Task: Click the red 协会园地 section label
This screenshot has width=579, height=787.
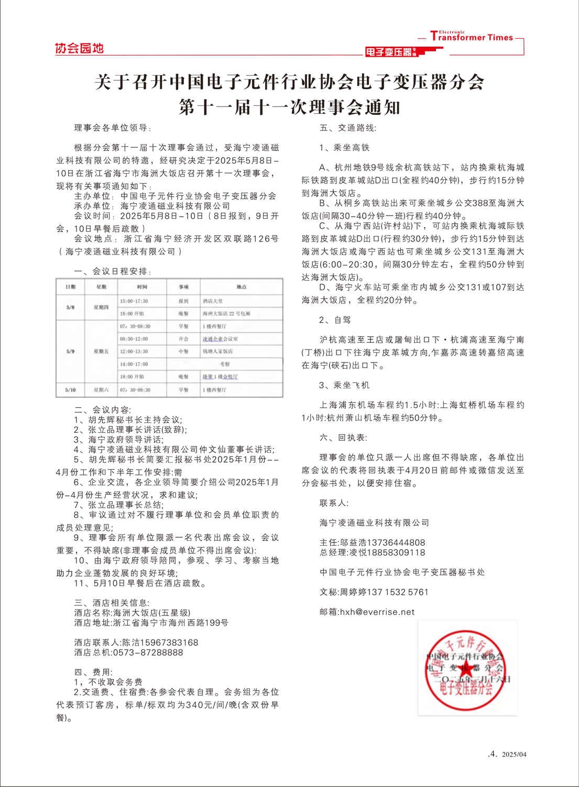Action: click(x=79, y=48)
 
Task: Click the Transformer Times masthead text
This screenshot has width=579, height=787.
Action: click(x=471, y=37)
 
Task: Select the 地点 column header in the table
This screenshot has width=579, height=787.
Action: click(x=241, y=287)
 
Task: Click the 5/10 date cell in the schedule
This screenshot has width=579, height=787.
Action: click(x=70, y=390)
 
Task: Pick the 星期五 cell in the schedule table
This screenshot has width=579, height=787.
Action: click(x=101, y=352)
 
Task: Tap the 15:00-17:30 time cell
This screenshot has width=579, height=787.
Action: click(x=134, y=301)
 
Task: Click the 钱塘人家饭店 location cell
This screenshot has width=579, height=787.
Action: click(x=217, y=352)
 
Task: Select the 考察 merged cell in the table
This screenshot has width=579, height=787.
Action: click(x=224, y=364)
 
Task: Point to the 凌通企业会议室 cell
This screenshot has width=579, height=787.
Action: click(x=220, y=339)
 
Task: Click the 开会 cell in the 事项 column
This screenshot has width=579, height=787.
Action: click(x=183, y=339)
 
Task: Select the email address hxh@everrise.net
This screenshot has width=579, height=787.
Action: click(x=377, y=612)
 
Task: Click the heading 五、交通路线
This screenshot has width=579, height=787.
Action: click(x=348, y=127)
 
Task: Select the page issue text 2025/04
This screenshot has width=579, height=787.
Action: click(x=514, y=754)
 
